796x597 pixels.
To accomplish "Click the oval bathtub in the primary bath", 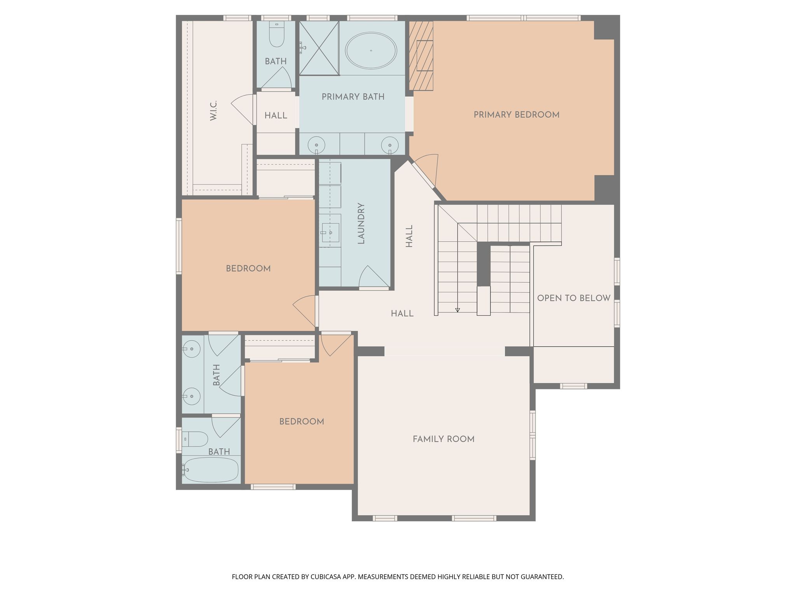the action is pos(371,51).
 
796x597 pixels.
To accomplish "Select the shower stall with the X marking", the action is pos(319,48).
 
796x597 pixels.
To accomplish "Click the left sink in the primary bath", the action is pos(316,145).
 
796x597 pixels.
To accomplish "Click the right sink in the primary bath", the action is pos(390,145).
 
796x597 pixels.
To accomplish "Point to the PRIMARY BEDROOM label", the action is pos(517,115).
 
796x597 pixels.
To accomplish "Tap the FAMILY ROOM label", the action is pos(443,439).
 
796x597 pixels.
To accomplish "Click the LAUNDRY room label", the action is pos(361,223).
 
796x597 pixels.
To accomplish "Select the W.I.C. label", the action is pos(213,110).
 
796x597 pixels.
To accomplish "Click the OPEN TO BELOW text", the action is pos(574,298).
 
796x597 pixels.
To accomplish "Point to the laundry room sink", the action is pos(330,232).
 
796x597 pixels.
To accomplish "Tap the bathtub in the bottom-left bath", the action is pos(210,470).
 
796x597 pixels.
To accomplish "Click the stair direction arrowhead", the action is pos(457,310).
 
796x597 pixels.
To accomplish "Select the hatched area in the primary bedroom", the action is pos(421,56).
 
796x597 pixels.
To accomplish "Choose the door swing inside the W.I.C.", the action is pos(243,110).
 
